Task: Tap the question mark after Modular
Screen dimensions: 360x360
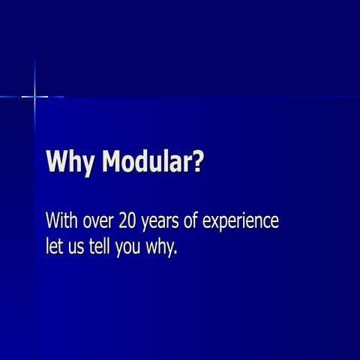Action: click(x=197, y=161)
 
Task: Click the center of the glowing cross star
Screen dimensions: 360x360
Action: click(x=34, y=96)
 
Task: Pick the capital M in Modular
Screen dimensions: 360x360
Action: click(x=111, y=161)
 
